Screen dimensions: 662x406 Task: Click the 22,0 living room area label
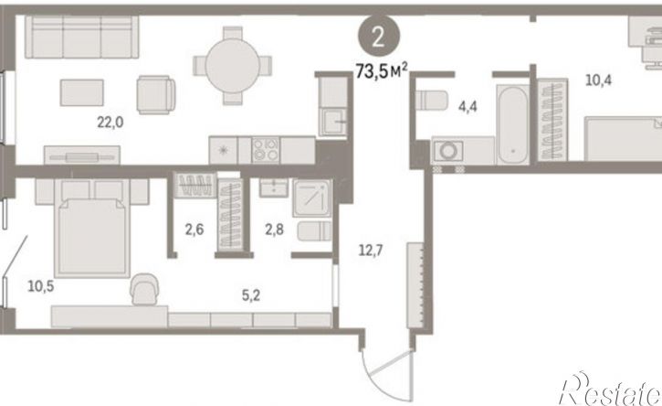pyautogui.click(x=110, y=123)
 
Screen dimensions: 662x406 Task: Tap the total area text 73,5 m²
pyautogui.click(x=382, y=70)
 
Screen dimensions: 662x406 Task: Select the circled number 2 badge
pyautogui.click(x=378, y=37)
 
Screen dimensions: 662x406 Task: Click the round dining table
pyautogui.click(x=232, y=66)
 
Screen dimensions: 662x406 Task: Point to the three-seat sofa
pyautogui.click(x=81, y=37)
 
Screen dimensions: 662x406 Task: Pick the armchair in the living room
pyautogui.click(x=156, y=95)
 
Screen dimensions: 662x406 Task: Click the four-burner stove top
pyautogui.click(x=266, y=150)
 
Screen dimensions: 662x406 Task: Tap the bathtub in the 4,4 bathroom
pyautogui.click(x=512, y=124)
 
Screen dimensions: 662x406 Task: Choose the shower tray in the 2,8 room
pyautogui.click(x=312, y=198)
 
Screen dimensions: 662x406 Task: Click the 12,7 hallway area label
pyautogui.click(x=371, y=251)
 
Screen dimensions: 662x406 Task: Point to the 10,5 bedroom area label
pyautogui.click(x=41, y=286)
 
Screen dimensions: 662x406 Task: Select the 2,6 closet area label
pyautogui.click(x=194, y=230)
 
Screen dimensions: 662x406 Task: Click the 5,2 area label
pyautogui.click(x=251, y=295)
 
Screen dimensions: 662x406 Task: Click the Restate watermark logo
pyautogui.click(x=611, y=390)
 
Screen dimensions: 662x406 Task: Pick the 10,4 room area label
pyautogui.click(x=599, y=80)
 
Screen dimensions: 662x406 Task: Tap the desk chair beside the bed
pyautogui.click(x=145, y=288)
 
